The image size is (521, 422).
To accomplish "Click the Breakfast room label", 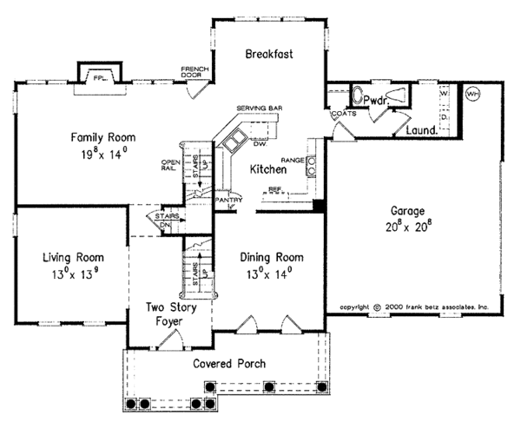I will (268, 54).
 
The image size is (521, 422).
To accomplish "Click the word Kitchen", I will (268, 171).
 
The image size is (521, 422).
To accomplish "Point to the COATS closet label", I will (340, 114).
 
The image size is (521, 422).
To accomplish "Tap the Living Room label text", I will (74, 257).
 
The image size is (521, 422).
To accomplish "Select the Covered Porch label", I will (229, 363).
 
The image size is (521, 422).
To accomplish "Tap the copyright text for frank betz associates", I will (415, 307).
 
